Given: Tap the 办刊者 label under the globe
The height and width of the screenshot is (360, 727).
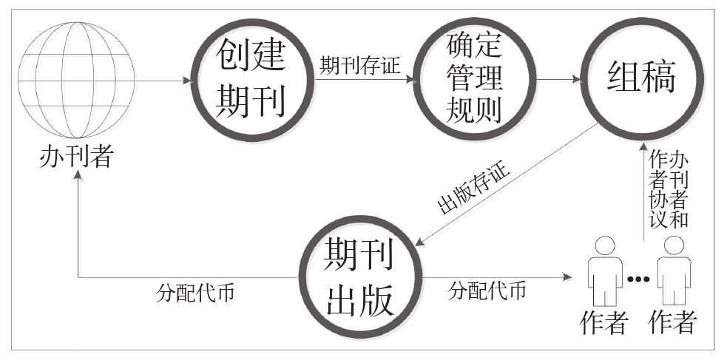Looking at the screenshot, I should coord(76,156).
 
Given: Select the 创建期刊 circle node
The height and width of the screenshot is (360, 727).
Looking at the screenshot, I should coord(250,80).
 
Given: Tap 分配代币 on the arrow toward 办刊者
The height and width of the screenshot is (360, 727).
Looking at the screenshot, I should coord(197,291).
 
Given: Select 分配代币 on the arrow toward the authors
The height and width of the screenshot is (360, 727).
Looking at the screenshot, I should coord(488,291).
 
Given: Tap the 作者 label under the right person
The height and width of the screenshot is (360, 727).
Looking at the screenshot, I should coord(673,322).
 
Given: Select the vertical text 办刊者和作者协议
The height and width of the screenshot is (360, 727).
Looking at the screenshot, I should coord(669,191).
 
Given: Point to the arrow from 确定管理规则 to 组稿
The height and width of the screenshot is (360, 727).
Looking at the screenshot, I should coord(558,80).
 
